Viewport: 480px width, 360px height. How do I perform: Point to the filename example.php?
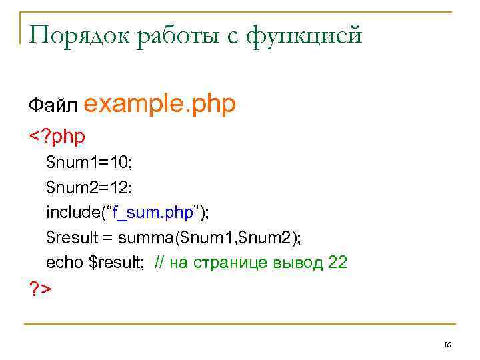click(x=161, y=104)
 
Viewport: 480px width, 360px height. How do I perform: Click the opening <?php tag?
click(x=57, y=137)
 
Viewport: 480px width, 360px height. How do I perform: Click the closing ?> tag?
click(x=40, y=289)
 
